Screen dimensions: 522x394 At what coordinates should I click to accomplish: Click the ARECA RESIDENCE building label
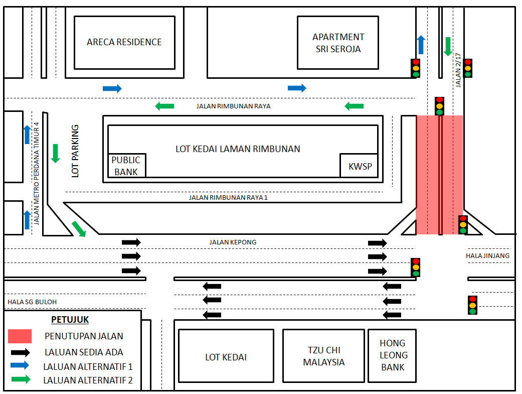coord(124,42)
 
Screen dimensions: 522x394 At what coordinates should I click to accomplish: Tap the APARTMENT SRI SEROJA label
coord(338,43)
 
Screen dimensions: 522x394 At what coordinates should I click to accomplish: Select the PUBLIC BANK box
coord(127,165)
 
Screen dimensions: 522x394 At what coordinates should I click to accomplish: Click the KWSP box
coord(359,165)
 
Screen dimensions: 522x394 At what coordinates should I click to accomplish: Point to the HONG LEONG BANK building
coord(392,356)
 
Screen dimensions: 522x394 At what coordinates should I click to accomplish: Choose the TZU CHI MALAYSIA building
coord(323,356)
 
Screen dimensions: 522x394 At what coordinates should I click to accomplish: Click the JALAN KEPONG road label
coord(233,242)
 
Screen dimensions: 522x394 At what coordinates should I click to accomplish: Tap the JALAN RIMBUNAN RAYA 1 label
coord(228,198)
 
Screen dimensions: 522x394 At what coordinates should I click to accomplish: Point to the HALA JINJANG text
coord(487,255)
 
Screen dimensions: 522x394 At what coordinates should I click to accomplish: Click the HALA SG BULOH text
coord(32,302)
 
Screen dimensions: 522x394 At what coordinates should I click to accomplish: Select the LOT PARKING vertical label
coord(75,151)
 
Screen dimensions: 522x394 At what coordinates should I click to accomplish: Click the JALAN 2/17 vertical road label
coord(458,70)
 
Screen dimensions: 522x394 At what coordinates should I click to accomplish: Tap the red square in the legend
coord(20,336)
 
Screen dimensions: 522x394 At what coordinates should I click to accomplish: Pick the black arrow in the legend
coord(20,352)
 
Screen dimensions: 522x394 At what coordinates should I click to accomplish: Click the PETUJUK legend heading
coord(70,320)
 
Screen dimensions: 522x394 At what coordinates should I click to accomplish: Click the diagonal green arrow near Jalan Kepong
coord(79,229)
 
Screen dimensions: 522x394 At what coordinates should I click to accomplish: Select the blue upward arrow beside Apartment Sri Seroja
coord(421,45)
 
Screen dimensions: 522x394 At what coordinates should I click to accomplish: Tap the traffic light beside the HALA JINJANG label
coord(463,225)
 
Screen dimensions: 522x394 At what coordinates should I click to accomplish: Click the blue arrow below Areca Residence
coord(112,88)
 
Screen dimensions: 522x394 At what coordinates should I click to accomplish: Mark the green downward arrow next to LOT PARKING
coord(56,154)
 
